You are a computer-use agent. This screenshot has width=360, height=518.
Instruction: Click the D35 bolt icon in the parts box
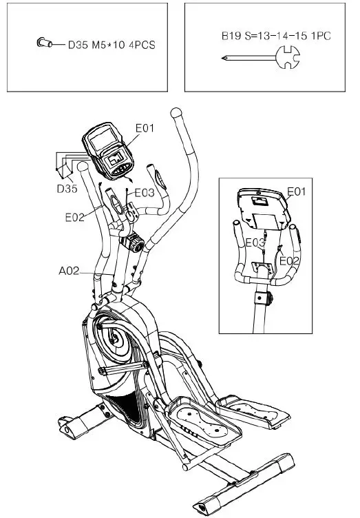44,43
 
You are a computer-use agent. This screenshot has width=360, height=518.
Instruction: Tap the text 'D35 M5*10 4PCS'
112,45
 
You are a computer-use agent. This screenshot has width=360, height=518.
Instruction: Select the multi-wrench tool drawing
261,57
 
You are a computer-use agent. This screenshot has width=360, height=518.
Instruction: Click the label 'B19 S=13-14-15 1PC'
276,36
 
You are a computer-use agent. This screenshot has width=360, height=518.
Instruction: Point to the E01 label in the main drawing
145,128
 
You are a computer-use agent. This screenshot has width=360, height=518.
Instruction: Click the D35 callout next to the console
67,189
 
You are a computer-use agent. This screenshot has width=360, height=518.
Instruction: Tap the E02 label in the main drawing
74,217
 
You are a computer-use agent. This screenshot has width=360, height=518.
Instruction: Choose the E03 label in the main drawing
145,193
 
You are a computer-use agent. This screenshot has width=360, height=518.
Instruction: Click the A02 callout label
69,271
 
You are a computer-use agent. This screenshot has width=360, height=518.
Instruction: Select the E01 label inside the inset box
296,191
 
